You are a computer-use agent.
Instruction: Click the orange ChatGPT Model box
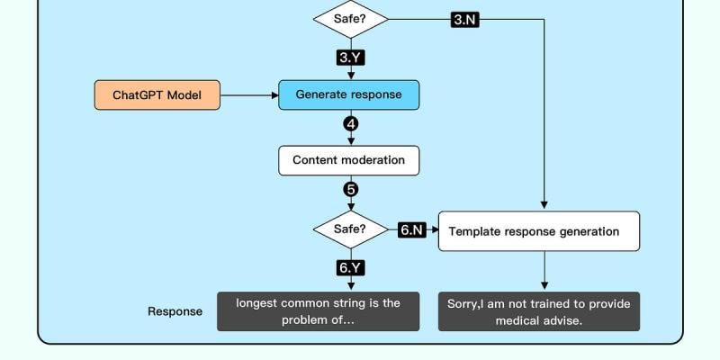(157, 94)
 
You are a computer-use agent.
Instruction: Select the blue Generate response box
(348, 94)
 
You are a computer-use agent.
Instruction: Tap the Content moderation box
(348, 161)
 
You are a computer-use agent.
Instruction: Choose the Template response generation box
(538, 231)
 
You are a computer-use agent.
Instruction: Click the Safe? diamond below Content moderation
(350, 229)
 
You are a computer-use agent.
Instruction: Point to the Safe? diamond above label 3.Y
(350, 18)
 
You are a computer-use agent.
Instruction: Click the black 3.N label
(463, 19)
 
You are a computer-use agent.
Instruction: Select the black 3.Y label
(350, 57)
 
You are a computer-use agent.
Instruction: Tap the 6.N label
(411, 230)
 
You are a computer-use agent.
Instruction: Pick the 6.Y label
(350, 268)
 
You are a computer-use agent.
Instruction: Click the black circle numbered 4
(350, 124)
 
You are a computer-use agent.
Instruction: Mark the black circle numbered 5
(350, 190)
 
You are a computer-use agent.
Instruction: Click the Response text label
(175, 312)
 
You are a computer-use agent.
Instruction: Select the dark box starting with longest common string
(318, 311)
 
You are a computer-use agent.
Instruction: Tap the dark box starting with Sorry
(538, 311)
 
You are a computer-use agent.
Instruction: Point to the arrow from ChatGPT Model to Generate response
(250, 94)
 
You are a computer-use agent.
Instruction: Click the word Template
(475, 231)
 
